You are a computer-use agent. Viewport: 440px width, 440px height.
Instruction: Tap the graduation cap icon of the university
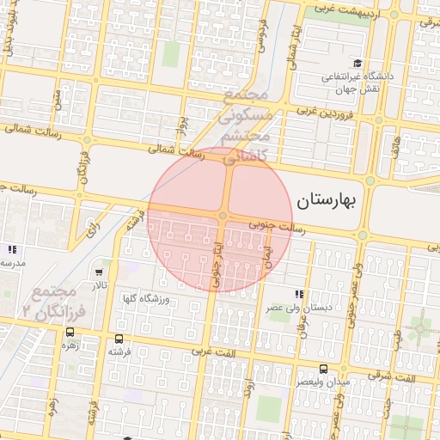(x=357, y=64)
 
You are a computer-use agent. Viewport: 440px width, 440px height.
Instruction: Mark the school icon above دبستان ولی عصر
(x=299, y=294)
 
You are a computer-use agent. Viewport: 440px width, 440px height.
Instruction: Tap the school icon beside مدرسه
(x=12, y=249)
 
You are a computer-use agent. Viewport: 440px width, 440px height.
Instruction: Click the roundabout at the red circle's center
(x=223, y=216)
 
